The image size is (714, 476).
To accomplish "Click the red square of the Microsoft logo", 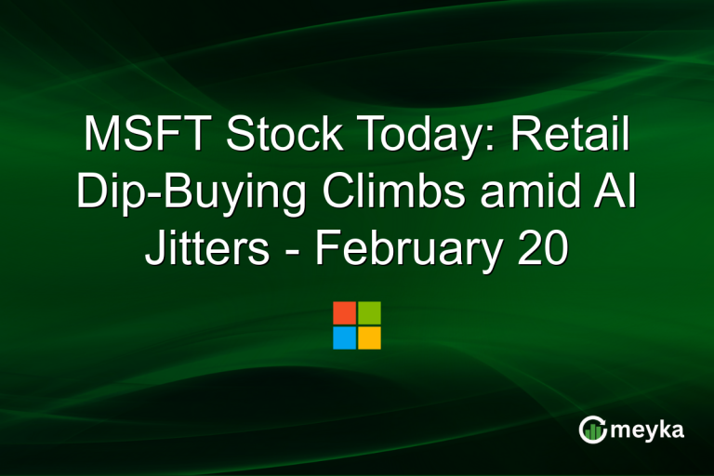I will coord(344,312).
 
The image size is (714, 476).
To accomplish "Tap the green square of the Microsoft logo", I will coord(369,312).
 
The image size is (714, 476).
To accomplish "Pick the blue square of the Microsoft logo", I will coord(344,337).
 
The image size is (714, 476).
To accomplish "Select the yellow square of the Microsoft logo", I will coord(369,337).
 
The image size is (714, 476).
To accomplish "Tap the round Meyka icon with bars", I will coord(591,429).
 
